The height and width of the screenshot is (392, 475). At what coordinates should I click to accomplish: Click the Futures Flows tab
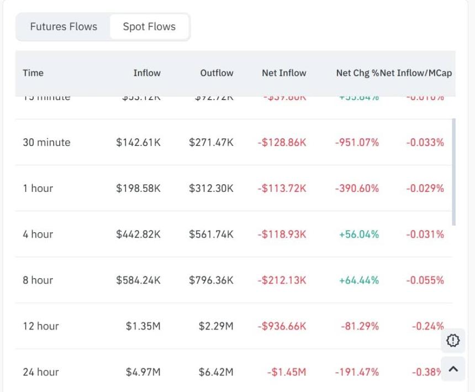(x=64, y=27)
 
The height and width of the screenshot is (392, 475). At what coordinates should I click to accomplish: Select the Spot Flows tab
(x=149, y=27)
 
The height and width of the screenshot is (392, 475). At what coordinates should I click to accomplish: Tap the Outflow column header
(x=217, y=73)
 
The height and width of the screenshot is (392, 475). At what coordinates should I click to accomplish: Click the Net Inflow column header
(x=284, y=73)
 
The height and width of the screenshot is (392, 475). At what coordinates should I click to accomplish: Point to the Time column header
(x=33, y=73)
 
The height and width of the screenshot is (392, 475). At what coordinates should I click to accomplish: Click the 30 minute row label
(x=46, y=142)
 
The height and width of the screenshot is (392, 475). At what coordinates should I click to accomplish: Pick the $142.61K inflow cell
(x=138, y=142)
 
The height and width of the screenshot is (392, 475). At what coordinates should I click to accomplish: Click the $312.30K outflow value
(x=211, y=188)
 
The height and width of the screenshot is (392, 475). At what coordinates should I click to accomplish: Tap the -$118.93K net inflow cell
(x=282, y=234)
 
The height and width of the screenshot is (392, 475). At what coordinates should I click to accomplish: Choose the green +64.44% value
(x=359, y=280)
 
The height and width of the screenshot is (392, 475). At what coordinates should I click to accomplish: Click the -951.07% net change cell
(x=357, y=142)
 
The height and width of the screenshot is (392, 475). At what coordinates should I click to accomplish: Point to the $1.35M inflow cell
(x=143, y=326)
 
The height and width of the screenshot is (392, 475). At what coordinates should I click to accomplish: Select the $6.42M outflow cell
(x=216, y=372)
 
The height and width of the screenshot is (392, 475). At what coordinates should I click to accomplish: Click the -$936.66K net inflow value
(x=282, y=326)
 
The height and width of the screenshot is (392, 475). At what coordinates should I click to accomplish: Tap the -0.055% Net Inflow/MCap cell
(x=425, y=280)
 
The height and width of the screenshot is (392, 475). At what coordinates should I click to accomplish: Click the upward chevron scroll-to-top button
(x=453, y=369)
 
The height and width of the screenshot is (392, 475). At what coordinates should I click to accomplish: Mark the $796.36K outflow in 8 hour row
(x=211, y=280)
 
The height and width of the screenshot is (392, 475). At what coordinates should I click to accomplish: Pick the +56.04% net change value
(x=359, y=234)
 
